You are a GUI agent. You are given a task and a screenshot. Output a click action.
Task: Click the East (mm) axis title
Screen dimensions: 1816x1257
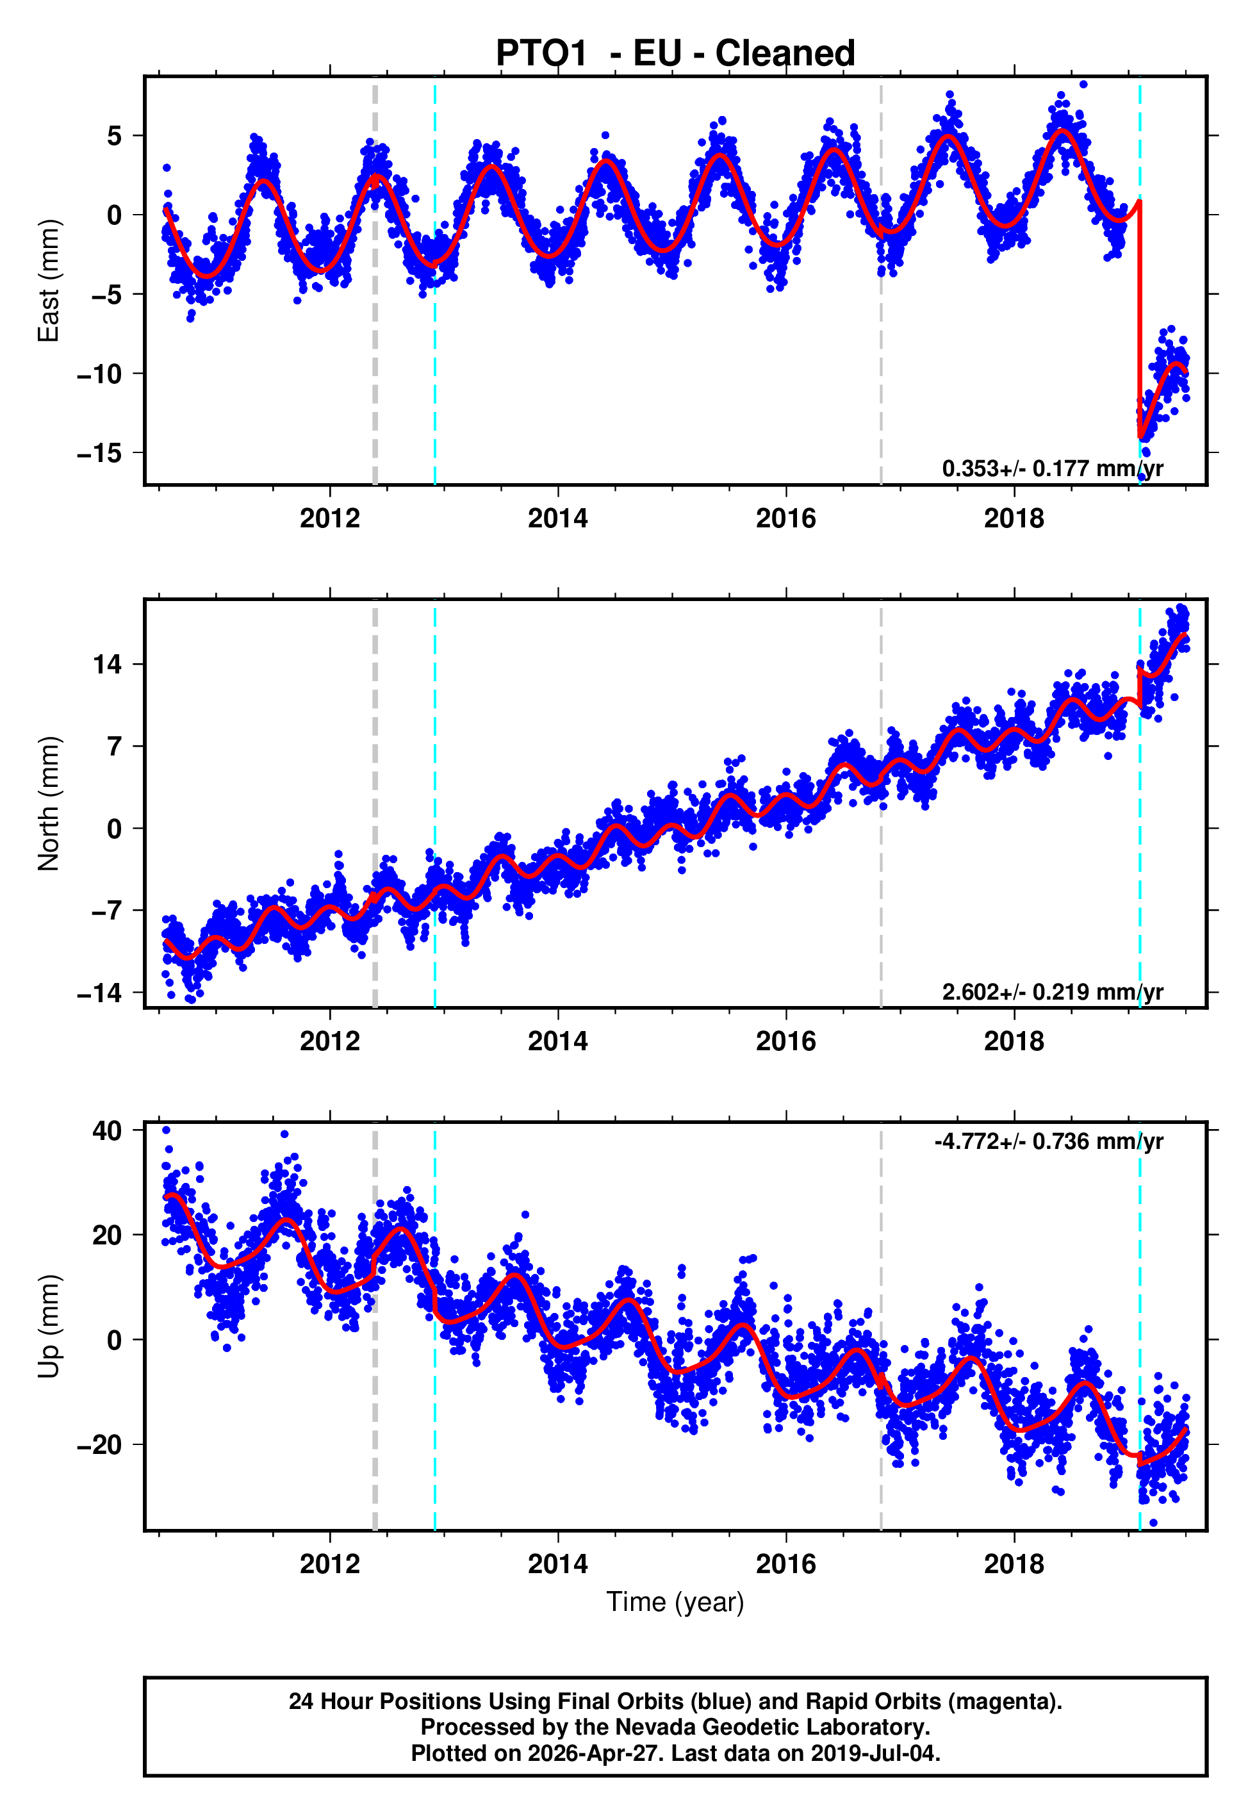click(49, 281)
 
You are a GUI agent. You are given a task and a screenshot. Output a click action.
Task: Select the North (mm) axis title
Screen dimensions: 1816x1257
click(49, 804)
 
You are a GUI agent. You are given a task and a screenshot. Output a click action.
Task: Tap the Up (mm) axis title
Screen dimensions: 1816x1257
click(49, 1326)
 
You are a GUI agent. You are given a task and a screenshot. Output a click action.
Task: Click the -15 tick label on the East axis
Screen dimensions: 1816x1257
click(99, 453)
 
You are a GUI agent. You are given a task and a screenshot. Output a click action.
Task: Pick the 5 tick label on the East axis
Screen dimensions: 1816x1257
click(114, 136)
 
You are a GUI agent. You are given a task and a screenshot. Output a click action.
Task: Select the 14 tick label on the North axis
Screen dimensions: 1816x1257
click(107, 664)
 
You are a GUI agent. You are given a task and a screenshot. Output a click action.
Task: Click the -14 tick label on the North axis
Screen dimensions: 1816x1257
click(99, 993)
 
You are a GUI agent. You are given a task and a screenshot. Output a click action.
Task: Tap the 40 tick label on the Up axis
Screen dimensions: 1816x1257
click(107, 1131)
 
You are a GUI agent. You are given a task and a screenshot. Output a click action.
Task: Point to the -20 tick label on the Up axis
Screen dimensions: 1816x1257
click(99, 1444)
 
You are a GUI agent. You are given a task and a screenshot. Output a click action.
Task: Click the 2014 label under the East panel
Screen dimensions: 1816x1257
click(557, 518)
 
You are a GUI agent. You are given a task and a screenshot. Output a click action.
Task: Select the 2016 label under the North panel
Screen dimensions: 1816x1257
click(785, 1041)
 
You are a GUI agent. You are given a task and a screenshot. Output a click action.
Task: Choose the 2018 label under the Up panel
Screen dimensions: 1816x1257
click(1014, 1564)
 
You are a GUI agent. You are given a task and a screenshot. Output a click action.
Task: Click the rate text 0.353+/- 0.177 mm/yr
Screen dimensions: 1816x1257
click(1051, 468)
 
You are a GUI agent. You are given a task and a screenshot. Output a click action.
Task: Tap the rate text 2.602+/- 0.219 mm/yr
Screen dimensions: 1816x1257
click(1051, 991)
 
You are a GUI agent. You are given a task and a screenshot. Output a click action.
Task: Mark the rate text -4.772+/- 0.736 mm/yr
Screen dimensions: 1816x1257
click(1048, 1141)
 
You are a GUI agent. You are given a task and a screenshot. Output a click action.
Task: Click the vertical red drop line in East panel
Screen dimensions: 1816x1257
click(1139, 315)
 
